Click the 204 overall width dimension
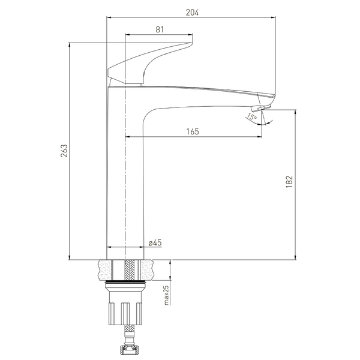tap(192, 13)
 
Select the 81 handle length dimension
tap(160, 29)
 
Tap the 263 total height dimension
tap(64, 151)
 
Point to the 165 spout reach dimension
tap(193, 131)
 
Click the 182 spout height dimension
tap(289, 182)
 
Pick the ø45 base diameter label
tap(155, 242)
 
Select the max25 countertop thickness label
tap(166, 295)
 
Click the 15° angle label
tap(252, 117)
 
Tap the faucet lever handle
tap(149, 63)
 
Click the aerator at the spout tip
tap(261, 107)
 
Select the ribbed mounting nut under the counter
tap(125, 313)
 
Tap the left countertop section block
tap(105, 270)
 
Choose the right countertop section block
tap(147, 270)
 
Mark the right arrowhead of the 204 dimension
tap(273, 17)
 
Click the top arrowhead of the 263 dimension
tap(69, 45)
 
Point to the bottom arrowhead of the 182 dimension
tap(295, 257)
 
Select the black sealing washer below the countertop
tap(125, 281)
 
